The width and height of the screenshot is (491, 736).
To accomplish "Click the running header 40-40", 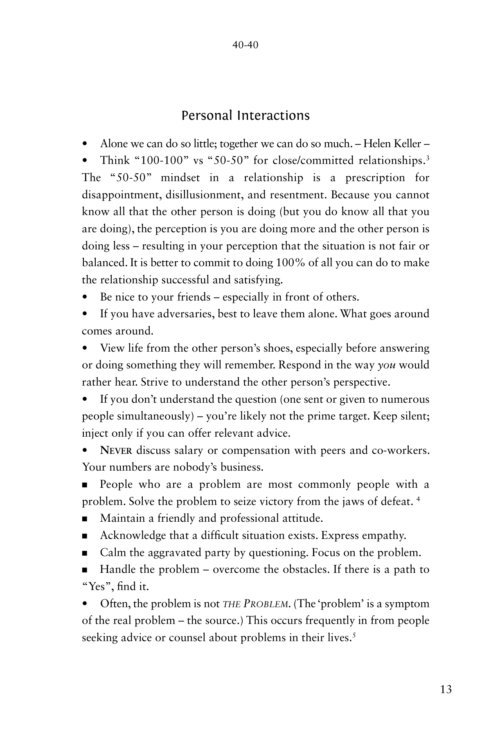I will [x=245, y=45].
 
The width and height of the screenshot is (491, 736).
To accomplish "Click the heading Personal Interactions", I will [x=245, y=115].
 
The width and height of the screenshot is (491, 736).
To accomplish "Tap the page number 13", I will [x=446, y=689].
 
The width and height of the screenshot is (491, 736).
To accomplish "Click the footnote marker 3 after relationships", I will [x=428, y=158].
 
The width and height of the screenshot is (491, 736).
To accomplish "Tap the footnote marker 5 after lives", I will [x=353, y=635].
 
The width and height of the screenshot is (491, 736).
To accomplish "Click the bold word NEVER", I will [x=116, y=451].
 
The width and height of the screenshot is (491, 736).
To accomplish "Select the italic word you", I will [x=386, y=365].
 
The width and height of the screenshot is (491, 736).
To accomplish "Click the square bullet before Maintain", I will [x=85, y=519].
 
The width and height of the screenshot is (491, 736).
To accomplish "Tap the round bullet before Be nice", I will [x=85, y=297].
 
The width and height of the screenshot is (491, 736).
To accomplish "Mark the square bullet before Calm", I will [x=85, y=553].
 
